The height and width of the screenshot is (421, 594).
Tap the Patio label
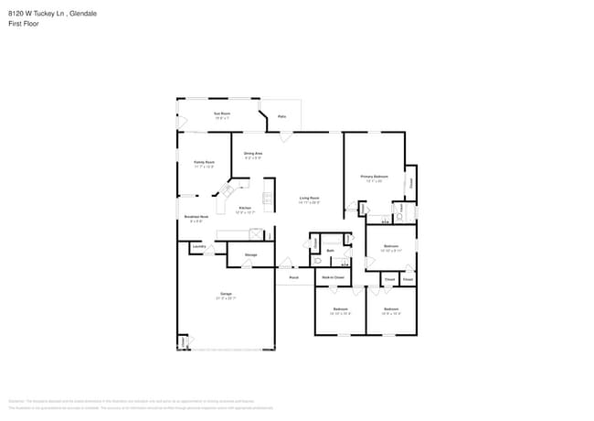282,117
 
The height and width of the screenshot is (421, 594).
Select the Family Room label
204,161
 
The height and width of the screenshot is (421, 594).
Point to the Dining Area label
253,153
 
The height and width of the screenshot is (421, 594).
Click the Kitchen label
245,208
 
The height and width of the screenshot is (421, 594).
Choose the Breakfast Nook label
196,216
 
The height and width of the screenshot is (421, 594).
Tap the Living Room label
310,198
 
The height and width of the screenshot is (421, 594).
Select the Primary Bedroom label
375,176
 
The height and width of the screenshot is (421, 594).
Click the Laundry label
198,246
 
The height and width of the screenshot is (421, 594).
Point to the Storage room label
250,254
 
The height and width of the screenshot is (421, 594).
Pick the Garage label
226,294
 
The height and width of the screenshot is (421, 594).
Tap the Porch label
294,277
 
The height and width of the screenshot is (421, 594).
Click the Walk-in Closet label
334,277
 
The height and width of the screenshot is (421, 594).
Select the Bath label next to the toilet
331,250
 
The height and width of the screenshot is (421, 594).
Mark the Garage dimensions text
226,298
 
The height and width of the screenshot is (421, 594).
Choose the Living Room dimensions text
310,202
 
